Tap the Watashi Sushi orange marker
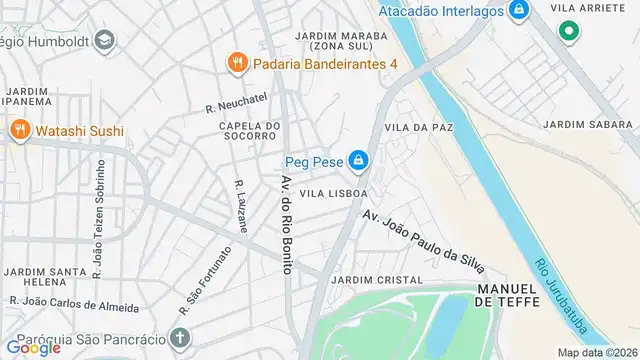pyautogui.click(x=20, y=130)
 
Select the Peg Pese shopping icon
pyautogui.click(x=358, y=160)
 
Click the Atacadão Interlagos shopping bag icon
pyautogui.click(x=518, y=12)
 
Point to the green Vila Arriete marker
pyautogui.click(x=569, y=32)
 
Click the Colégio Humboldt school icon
pyautogui.click(x=106, y=41)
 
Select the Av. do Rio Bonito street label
pyautogui.click(x=287, y=229)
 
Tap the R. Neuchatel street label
pyautogui.click(x=238, y=102)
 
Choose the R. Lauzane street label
pyautogui.click(x=240, y=206)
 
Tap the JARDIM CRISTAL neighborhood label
pyautogui.click(x=376, y=280)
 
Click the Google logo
pyautogui.click(x=33, y=347)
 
